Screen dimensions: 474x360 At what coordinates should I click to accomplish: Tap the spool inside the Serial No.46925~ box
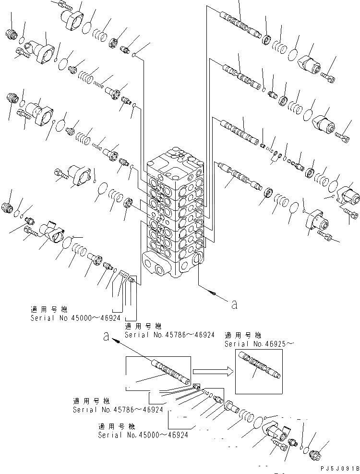(x=260, y=366)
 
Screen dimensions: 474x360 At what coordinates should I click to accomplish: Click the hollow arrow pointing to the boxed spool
(x=213, y=371)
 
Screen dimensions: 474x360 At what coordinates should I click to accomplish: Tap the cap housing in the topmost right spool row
(x=309, y=64)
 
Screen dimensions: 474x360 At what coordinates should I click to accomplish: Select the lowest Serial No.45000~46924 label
(x=143, y=435)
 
